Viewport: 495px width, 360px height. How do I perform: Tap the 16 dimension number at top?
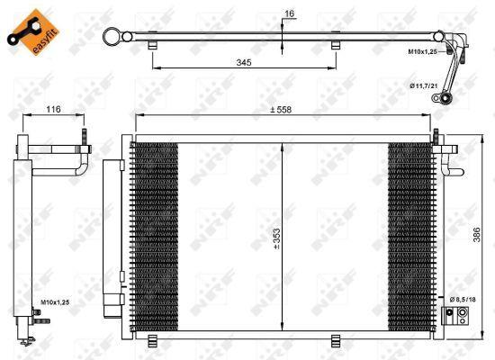pos(288,13)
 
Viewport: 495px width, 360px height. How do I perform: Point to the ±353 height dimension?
pos(278,238)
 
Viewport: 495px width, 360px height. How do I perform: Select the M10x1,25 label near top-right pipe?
pos(421,52)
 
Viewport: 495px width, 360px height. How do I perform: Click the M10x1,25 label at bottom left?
pos(56,302)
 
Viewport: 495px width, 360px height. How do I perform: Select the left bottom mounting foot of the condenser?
pos(152,339)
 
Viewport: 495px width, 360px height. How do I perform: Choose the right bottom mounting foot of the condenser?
pos(336,339)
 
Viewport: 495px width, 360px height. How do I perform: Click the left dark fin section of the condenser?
pos(154,236)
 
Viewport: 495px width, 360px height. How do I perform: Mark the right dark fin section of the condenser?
pos(409,236)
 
